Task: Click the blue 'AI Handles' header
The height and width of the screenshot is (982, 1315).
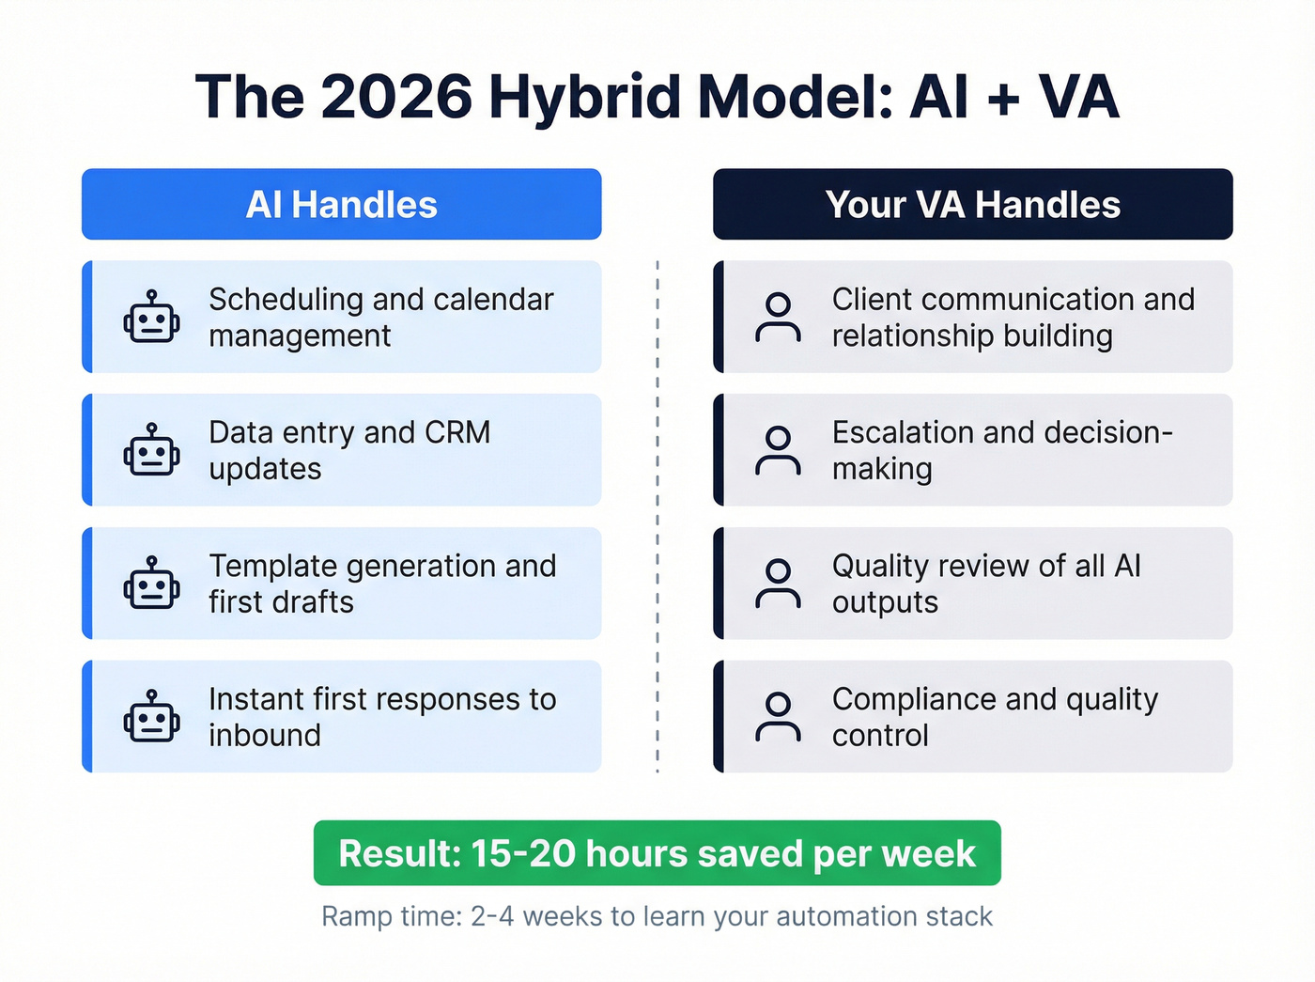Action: pos(341,204)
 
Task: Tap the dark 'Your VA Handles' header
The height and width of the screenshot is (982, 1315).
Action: pos(972,204)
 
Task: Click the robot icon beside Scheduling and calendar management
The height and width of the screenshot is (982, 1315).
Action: pos(151,317)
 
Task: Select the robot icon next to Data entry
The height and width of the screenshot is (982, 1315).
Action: pos(151,450)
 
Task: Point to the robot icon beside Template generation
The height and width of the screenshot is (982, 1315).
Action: pos(151,584)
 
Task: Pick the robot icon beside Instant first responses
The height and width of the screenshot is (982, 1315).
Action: pos(151,717)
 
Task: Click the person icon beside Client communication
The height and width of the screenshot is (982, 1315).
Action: pos(778,317)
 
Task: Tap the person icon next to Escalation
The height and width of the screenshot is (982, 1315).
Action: pos(778,450)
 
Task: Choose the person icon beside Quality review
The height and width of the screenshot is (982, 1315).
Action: pos(778,584)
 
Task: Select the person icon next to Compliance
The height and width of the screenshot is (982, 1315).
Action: pos(778,717)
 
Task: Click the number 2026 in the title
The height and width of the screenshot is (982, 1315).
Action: pos(396,97)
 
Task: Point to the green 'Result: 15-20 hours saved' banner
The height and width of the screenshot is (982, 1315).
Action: pos(657,853)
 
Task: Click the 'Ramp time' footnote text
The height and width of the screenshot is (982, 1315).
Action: pos(657,916)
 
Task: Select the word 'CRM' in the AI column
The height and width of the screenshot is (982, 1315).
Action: pos(457,432)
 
